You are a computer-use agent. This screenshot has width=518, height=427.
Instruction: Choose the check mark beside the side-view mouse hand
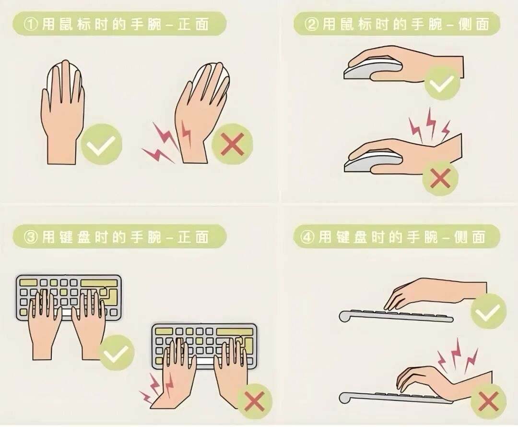442,83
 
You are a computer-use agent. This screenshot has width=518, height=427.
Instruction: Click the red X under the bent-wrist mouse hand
440,179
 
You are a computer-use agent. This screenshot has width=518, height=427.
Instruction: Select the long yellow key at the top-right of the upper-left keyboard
99,282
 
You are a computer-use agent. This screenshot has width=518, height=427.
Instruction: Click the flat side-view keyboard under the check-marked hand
396,316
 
